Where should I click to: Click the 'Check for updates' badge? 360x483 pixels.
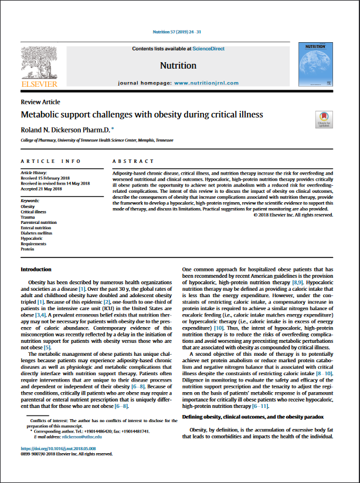click(x=322, y=118)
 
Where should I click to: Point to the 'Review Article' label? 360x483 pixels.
click(x=40, y=102)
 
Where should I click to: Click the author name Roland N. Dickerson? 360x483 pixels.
click(x=65, y=128)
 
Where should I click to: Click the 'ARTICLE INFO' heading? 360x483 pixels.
click(x=51, y=161)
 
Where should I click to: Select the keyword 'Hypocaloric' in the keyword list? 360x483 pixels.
click(x=32, y=239)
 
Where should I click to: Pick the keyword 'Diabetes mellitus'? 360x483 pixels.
click(x=36, y=233)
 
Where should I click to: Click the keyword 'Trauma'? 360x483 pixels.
click(x=28, y=217)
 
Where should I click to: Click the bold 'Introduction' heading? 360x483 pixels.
click(x=36, y=270)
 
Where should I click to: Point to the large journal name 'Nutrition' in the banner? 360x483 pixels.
click(x=178, y=66)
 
